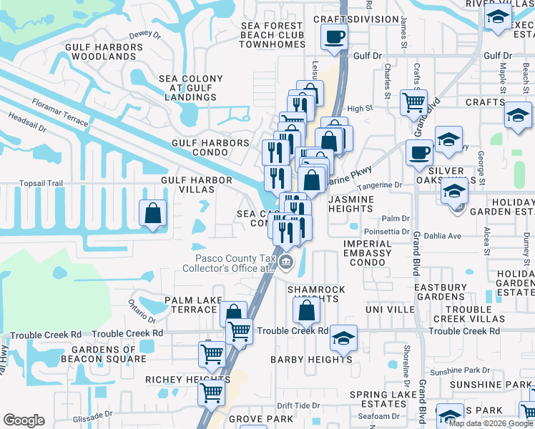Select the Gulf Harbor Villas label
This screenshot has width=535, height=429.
pyautogui.click(x=197, y=184)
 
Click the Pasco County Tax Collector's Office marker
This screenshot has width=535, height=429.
pyautogui.click(x=286, y=262)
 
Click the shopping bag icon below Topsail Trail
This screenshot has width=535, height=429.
pyautogui.click(x=153, y=213)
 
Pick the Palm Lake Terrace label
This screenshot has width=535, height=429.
pyautogui.click(x=190, y=305)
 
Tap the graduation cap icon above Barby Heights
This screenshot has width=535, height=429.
pyautogui.click(x=344, y=337)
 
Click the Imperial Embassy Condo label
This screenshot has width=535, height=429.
pyautogui.click(x=368, y=253)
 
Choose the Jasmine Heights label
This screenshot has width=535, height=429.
pyautogui.click(x=350, y=203)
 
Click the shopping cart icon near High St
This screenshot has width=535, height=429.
pyautogui.click(x=413, y=102)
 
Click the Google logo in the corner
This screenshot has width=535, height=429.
pyautogui.click(x=24, y=420)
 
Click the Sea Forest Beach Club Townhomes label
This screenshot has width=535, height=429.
pyautogui.click(x=272, y=35)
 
